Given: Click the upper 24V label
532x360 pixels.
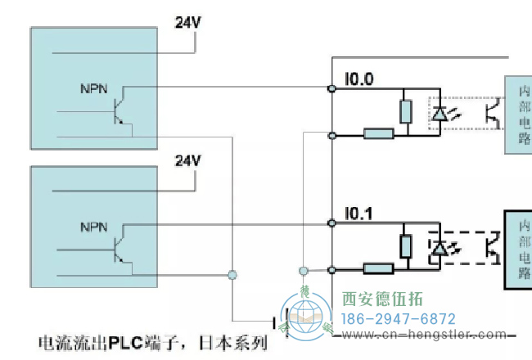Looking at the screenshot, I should point(187,22).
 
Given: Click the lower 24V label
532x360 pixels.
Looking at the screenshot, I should point(187,160).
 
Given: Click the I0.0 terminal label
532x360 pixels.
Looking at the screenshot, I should point(358,79).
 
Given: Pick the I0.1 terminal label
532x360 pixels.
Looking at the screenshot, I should point(358,214).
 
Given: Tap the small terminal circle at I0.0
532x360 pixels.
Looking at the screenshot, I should point(331,88).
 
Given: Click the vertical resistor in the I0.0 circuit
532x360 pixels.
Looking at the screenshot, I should point(404,111).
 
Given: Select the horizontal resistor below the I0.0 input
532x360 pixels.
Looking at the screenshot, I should point(378,133).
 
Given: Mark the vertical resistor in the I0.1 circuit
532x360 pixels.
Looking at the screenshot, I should point(404,246).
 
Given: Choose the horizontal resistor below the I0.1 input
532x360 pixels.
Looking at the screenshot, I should point(378,268).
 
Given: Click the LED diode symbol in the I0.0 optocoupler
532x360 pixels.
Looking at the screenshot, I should point(440,114).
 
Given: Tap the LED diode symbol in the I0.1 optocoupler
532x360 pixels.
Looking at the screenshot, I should point(440,246).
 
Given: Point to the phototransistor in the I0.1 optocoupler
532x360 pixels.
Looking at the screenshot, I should point(492,246).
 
